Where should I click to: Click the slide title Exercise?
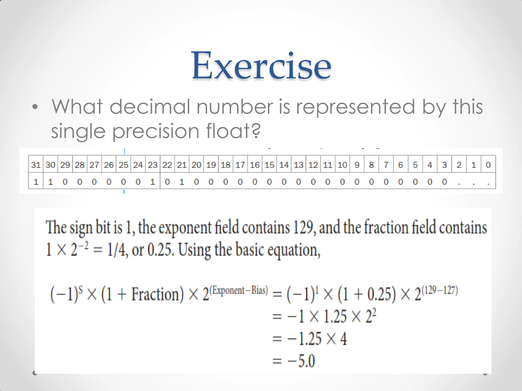click(262, 66)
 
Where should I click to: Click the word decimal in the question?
click(150, 107)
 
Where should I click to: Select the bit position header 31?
click(36, 165)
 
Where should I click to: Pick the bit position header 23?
click(153, 165)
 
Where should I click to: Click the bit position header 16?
click(255, 165)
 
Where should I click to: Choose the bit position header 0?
click(488, 165)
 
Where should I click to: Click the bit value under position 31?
click(36, 182)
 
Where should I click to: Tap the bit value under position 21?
click(182, 182)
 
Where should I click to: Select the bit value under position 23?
click(153, 182)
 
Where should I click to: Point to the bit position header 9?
click(357, 165)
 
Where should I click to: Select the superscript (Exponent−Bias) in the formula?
click(239, 290)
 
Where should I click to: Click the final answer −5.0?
click(301, 361)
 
